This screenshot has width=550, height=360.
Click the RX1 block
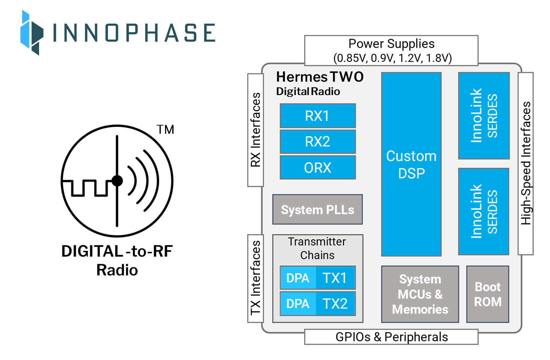(317, 116)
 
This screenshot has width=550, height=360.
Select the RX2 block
(317, 142)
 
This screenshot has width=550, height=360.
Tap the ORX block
(317, 168)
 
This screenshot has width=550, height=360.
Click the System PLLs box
(317, 210)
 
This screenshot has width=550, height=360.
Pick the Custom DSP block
(411, 164)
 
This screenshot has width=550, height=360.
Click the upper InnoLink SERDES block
(484, 116)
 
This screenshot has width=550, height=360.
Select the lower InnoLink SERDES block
(484, 211)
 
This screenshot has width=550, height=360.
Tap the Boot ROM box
(488, 294)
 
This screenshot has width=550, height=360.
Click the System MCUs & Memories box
(420, 294)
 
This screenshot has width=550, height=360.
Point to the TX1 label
(335, 278)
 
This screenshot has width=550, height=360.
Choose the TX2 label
(335, 304)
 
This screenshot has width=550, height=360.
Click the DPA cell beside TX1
(298, 278)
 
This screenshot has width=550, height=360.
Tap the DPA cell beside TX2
(298, 304)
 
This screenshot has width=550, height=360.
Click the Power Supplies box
(391, 51)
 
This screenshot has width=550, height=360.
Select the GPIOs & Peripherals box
(391, 337)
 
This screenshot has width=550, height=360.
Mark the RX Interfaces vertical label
(255, 130)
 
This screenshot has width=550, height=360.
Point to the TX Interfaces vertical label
(255, 278)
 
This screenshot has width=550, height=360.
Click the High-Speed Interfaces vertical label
(526, 163)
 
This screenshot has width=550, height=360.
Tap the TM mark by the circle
(165, 129)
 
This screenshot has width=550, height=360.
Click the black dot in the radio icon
(117, 181)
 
